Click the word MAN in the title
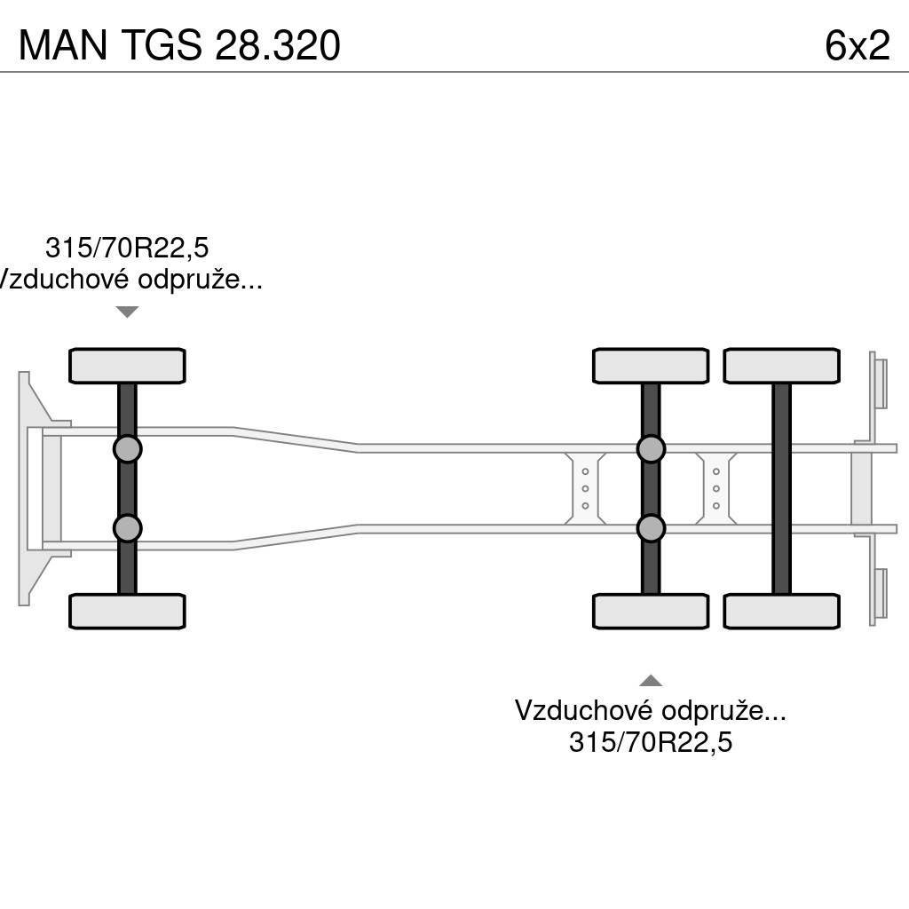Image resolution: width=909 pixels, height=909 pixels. tap(62, 45)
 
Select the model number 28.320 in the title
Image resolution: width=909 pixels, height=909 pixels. tap(276, 45)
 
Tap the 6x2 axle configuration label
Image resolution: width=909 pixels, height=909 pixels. tap(857, 45)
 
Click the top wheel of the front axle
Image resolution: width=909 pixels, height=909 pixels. tap(127, 366)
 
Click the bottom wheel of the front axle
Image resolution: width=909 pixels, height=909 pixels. tap(127, 612)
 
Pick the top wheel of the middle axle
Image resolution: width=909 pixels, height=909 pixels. tap(651, 366)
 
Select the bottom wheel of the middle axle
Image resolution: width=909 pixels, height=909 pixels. tap(651, 612)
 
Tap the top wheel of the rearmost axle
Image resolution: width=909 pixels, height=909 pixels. tap(781, 366)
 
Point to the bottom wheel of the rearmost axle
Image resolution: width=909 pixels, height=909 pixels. tap(781, 612)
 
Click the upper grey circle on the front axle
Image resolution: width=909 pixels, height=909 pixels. tap(128, 449)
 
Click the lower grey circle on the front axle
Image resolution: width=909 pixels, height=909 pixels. tap(128, 528)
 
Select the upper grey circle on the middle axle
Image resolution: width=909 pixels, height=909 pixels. tap(652, 449)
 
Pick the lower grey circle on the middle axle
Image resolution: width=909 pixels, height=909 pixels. tap(652, 528)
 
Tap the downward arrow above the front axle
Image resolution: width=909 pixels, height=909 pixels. tap(128, 312)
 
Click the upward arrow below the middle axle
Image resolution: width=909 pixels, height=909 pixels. tap(651, 681)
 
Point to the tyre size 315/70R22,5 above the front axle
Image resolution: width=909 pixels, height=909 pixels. tap(127, 248)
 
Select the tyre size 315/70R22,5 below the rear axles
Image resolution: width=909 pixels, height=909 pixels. tap(651, 742)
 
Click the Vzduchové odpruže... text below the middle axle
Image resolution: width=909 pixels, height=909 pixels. tap(651, 710)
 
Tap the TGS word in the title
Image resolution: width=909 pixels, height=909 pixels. tap(160, 45)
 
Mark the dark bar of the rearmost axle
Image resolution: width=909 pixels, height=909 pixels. tap(781, 488)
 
